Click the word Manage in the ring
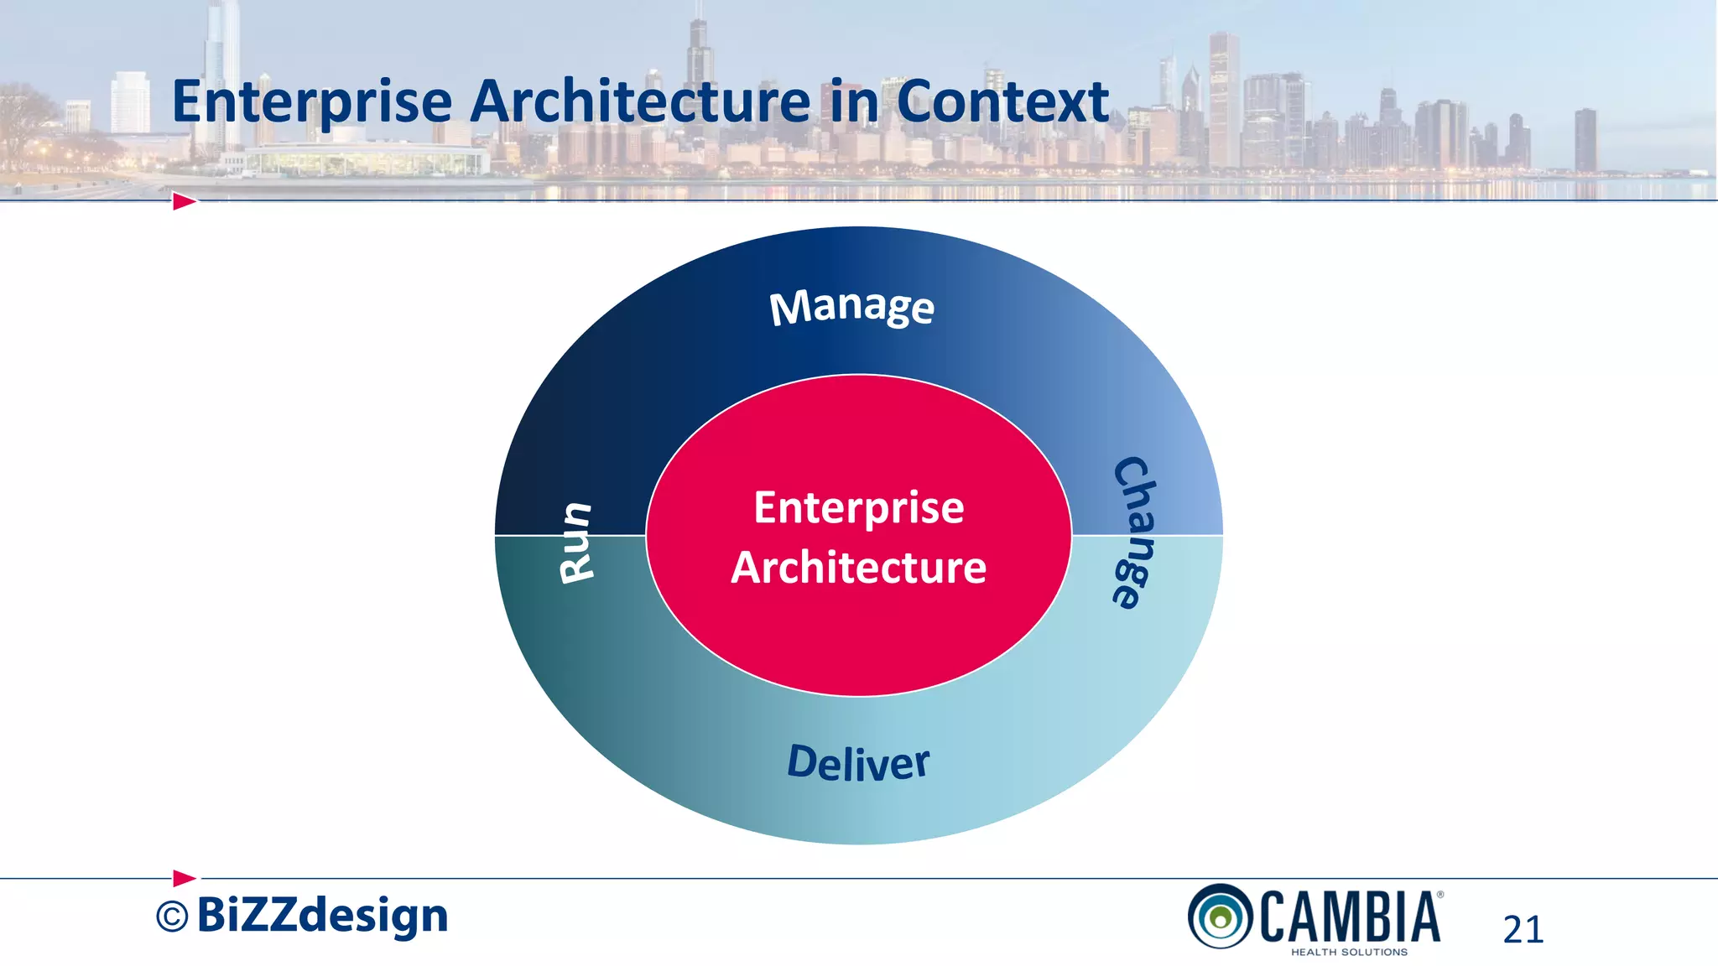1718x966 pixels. coord(851,307)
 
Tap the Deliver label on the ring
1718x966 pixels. coord(858,763)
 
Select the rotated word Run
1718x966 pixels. coord(577,542)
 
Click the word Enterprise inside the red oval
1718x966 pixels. coord(859,508)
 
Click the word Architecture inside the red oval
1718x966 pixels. coord(859,568)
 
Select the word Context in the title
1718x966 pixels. coord(1002,101)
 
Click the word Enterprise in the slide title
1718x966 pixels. coord(312,102)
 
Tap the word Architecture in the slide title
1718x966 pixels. coord(640,101)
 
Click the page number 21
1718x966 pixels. coord(1523,929)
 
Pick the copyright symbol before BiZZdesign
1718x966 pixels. coord(172,917)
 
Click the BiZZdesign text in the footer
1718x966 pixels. coord(323,916)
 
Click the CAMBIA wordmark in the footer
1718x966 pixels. coord(1350,917)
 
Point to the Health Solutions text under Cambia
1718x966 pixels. coord(1349,952)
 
